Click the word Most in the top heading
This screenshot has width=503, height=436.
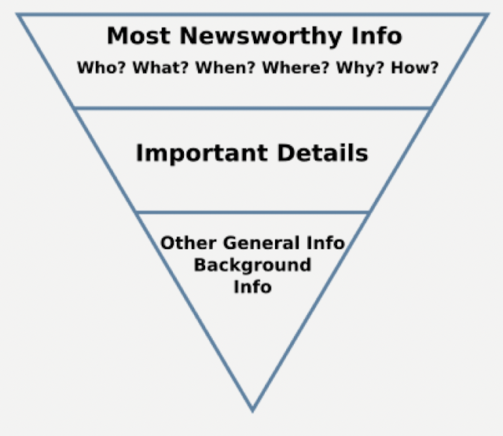133,36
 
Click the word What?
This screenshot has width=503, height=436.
159,68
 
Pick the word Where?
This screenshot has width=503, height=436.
296,68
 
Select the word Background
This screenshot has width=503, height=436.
252,265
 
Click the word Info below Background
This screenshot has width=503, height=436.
252,287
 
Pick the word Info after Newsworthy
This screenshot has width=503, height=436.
377,36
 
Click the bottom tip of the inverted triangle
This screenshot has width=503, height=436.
252,410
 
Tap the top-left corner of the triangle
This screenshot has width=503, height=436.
18,14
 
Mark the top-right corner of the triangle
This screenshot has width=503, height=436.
486,14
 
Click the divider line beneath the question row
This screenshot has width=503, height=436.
252,108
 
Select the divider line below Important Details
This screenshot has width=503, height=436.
252,212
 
